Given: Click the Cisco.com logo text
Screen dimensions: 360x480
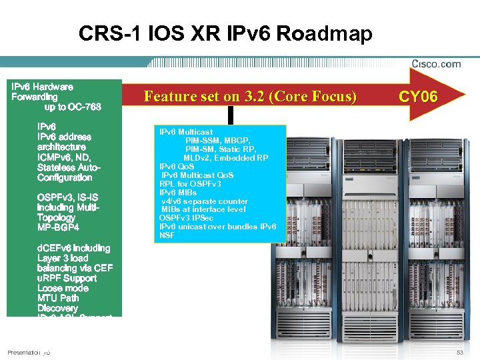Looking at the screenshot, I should (435, 64).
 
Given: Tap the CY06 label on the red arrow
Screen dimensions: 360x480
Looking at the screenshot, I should (418, 97).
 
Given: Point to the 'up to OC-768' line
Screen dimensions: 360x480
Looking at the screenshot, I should (73, 107).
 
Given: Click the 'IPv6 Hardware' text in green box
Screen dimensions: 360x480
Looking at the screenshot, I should (43, 87).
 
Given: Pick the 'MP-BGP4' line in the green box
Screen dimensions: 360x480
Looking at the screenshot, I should (59, 227).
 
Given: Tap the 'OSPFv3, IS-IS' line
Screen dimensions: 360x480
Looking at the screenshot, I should (67, 197).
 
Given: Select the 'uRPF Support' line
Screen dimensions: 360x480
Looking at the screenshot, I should (67, 278).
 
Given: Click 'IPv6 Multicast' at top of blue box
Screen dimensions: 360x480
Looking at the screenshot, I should (186, 132).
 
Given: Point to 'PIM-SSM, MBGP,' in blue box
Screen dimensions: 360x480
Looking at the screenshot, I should (216, 141).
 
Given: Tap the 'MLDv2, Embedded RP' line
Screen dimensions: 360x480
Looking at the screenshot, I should (226, 158).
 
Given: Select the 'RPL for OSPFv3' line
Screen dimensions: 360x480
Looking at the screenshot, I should (188, 184).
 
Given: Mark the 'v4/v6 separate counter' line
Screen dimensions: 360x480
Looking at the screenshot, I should (205, 201).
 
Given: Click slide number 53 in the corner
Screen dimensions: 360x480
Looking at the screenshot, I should (459, 352).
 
